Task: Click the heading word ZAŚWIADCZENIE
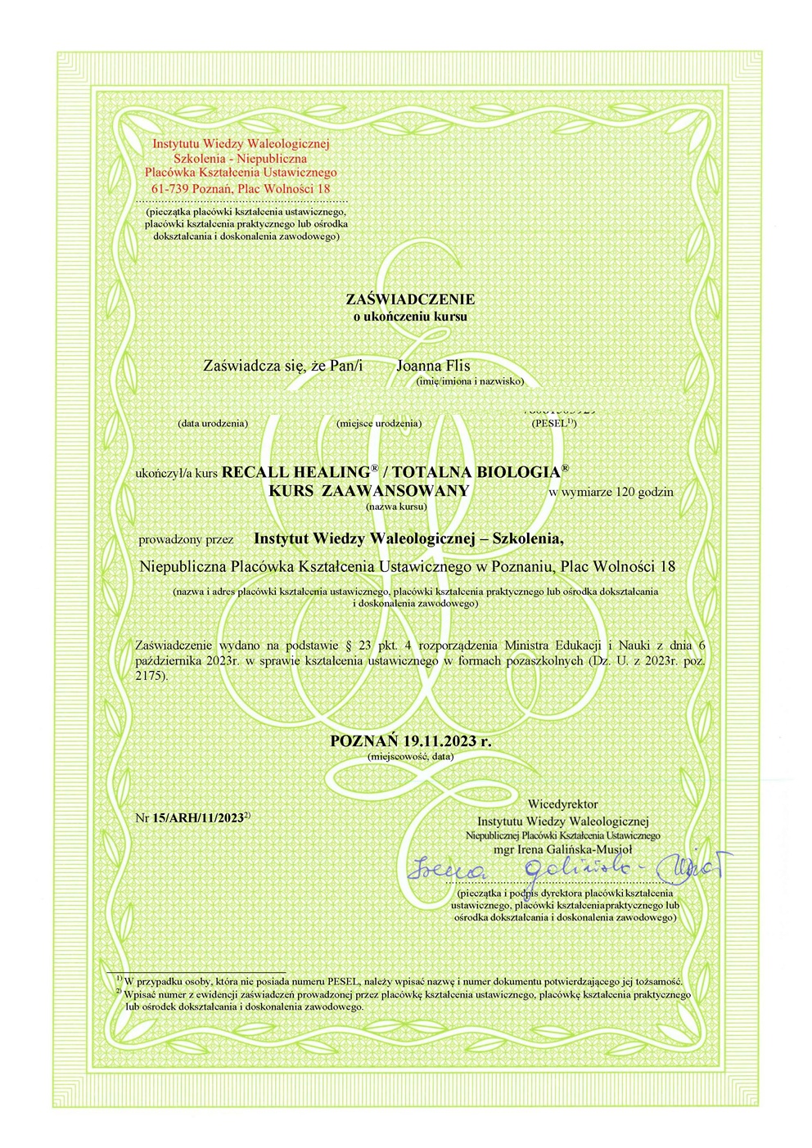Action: (410, 299)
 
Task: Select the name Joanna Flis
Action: (433, 366)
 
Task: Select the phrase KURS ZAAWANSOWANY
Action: (369, 491)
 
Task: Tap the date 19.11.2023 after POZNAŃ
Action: (438, 741)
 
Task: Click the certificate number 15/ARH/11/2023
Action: (198, 817)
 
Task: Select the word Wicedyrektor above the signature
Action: (562, 804)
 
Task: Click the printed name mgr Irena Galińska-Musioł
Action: (563, 849)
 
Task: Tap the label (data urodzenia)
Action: (213, 423)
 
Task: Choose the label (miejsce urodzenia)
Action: (378, 423)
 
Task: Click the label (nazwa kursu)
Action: (397, 506)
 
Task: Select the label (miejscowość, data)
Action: (410, 757)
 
